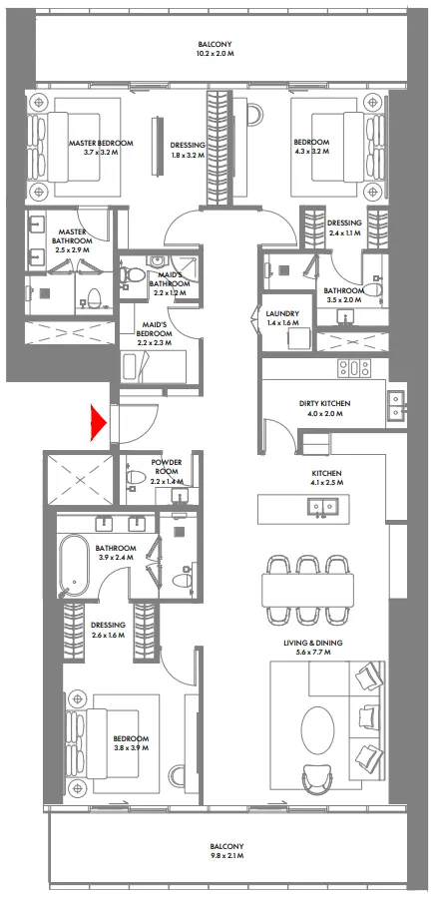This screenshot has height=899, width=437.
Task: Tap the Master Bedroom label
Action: click(x=101, y=144)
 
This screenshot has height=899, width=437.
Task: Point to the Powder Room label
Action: click(x=167, y=466)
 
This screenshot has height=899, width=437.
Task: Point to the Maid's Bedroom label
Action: click(x=155, y=326)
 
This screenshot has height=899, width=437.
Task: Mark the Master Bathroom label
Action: click(x=72, y=235)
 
